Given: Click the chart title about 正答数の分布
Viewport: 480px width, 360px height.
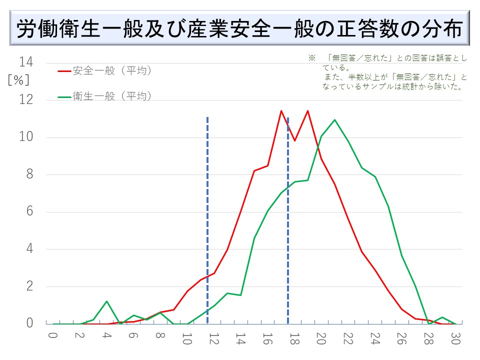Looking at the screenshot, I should (x=240, y=30).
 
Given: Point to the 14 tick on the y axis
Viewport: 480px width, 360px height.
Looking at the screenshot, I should (x=26, y=62).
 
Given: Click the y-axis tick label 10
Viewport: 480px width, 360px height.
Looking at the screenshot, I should (x=26, y=137).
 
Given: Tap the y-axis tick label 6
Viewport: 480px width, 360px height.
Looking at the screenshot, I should (x=29, y=212).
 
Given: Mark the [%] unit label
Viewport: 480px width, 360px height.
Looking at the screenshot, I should (x=18, y=80).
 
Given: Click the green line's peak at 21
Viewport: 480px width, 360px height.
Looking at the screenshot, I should (x=334, y=120).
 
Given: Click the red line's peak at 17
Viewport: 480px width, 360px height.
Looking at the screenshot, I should (x=281, y=111).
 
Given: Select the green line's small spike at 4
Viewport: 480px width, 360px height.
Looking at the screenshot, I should (x=106, y=301).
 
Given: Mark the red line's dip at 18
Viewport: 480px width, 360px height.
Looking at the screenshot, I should (x=294, y=140).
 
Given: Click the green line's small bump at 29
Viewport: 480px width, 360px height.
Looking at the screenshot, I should (x=442, y=317).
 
